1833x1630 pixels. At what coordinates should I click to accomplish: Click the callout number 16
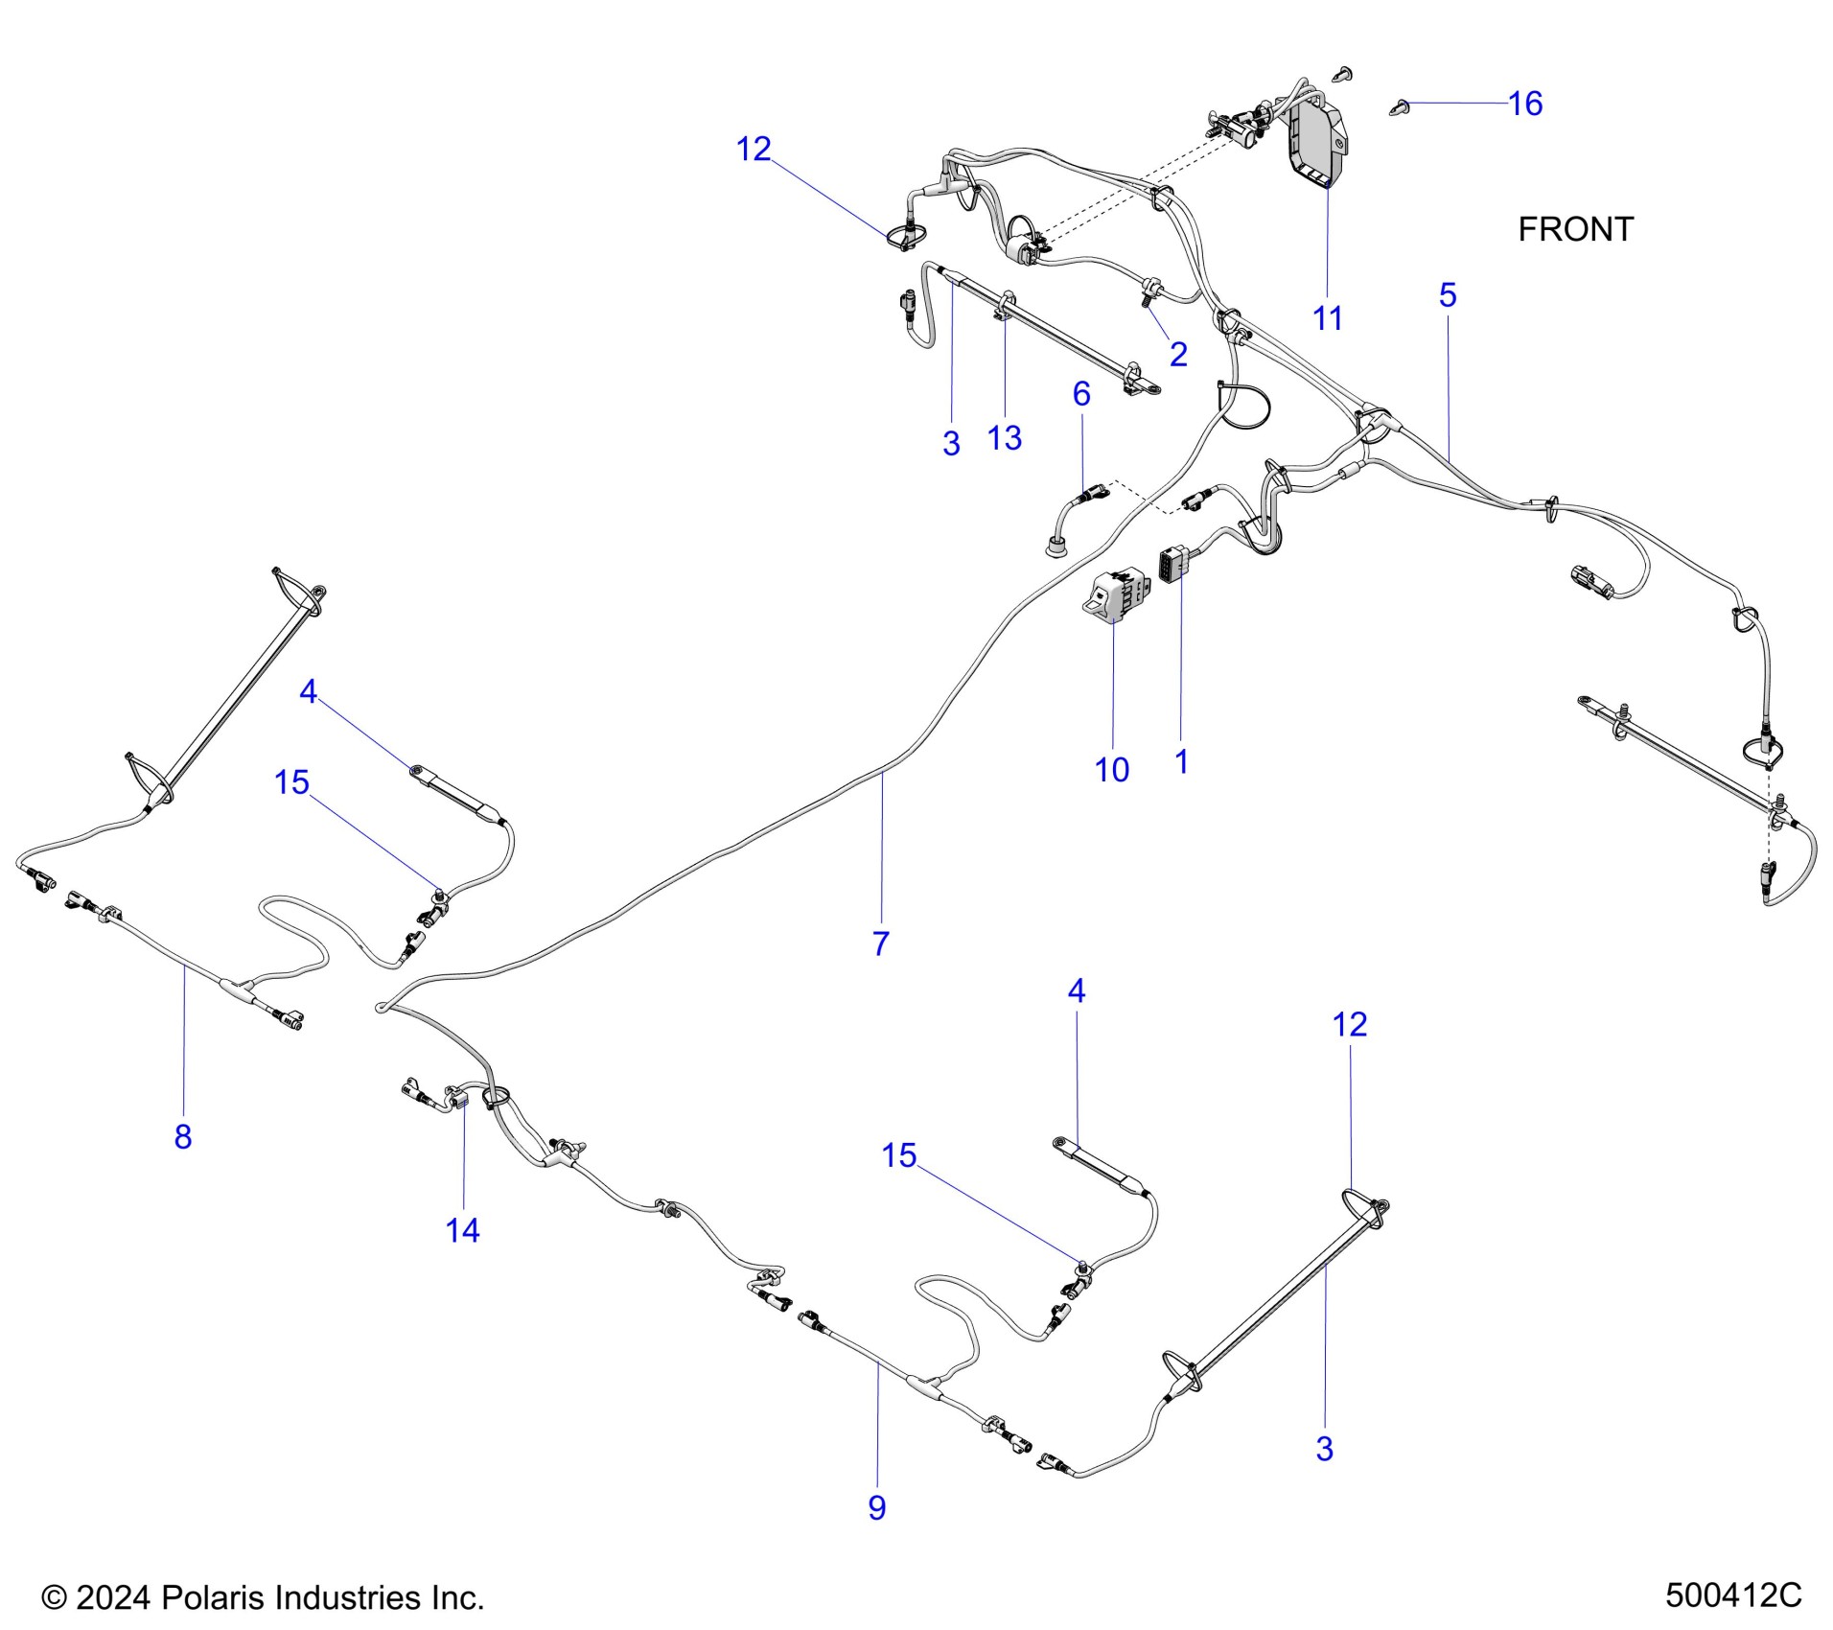tap(1524, 104)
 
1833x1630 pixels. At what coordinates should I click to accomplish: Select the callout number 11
tap(1327, 318)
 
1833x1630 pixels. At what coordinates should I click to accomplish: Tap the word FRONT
tap(1575, 230)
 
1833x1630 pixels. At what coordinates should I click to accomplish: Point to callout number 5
tap(1447, 295)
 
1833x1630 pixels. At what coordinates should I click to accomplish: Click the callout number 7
tap(881, 943)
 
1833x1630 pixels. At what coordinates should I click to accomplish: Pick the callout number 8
tap(183, 1136)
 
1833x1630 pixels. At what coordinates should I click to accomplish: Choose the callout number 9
tap(876, 1508)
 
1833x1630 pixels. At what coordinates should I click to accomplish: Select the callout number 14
tap(462, 1230)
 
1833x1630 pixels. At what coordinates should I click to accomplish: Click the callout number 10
tap(1112, 770)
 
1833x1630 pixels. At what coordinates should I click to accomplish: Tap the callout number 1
tap(1181, 762)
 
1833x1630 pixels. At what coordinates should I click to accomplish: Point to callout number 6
tap(1081, 393)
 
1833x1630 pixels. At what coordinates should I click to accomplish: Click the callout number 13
tap(1004, 438)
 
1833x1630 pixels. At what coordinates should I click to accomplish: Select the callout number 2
tap(1178, 355)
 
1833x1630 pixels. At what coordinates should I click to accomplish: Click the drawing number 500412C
tap(1733, 1596)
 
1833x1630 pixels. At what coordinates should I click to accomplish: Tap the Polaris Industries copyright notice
tap(263, 1597)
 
